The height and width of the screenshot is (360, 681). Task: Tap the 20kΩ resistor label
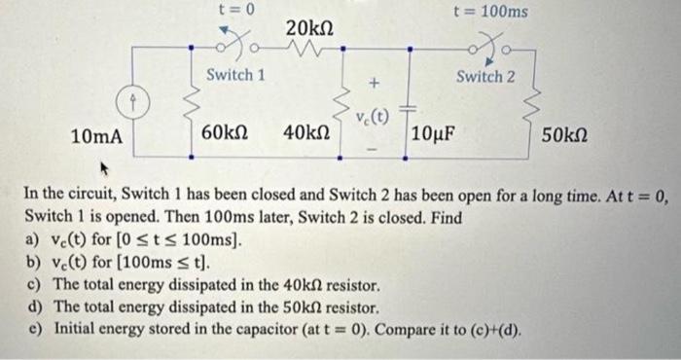311,30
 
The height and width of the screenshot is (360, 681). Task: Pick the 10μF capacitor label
438,133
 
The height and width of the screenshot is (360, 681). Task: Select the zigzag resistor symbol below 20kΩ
313,51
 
